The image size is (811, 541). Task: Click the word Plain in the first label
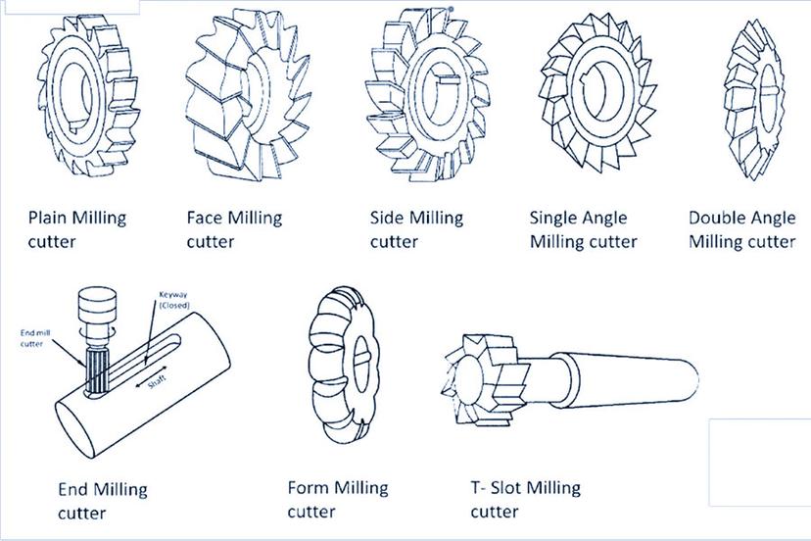[48, 217]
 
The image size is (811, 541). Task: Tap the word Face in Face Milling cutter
[205, 217]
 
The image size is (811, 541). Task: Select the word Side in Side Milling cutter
[386, 217]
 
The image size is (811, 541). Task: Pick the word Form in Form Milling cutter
[308, 488]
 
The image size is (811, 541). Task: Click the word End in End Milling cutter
[72, 489]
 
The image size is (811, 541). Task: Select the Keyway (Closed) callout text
[173, 300]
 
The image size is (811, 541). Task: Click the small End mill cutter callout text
[35, 338]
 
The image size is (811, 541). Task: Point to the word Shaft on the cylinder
[156, 382]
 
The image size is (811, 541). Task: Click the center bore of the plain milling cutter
[76, 96]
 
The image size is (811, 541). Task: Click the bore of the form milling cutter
[362, 364]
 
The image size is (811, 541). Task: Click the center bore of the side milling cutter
[438, 94]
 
